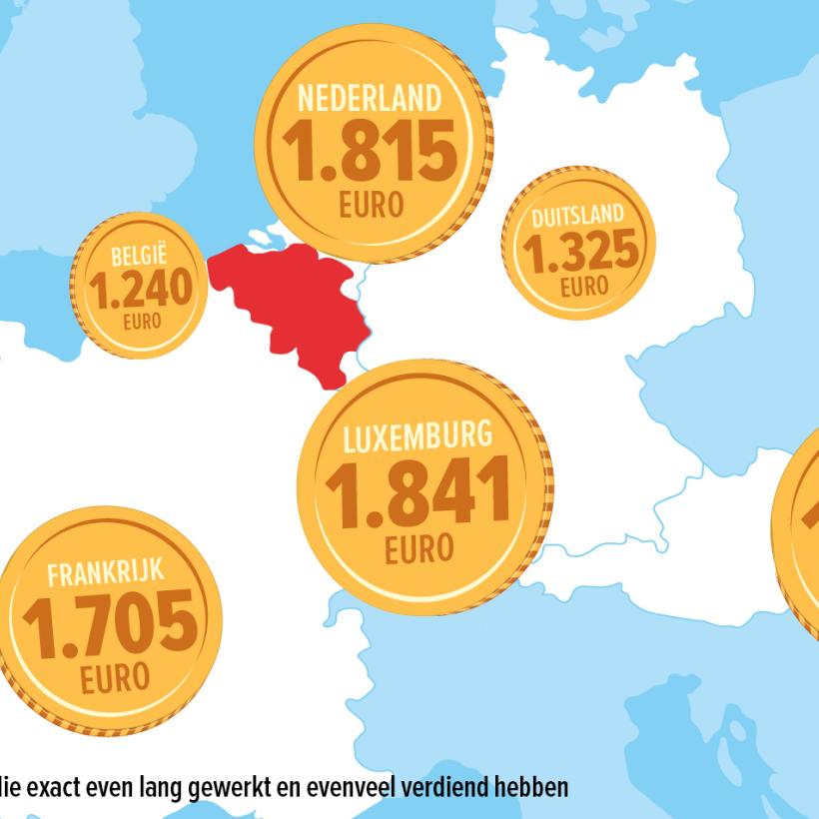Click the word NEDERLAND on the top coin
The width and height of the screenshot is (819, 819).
click(370, 99)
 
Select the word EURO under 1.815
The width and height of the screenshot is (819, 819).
click(371, 206)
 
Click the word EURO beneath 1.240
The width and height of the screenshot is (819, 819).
click(141, 322)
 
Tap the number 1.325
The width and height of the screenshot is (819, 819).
click(580, 253)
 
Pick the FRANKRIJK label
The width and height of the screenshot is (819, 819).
click(105, 573)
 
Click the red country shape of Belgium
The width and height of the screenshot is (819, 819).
click(290, 300)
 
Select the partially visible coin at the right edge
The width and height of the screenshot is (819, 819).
click(799, 529)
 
